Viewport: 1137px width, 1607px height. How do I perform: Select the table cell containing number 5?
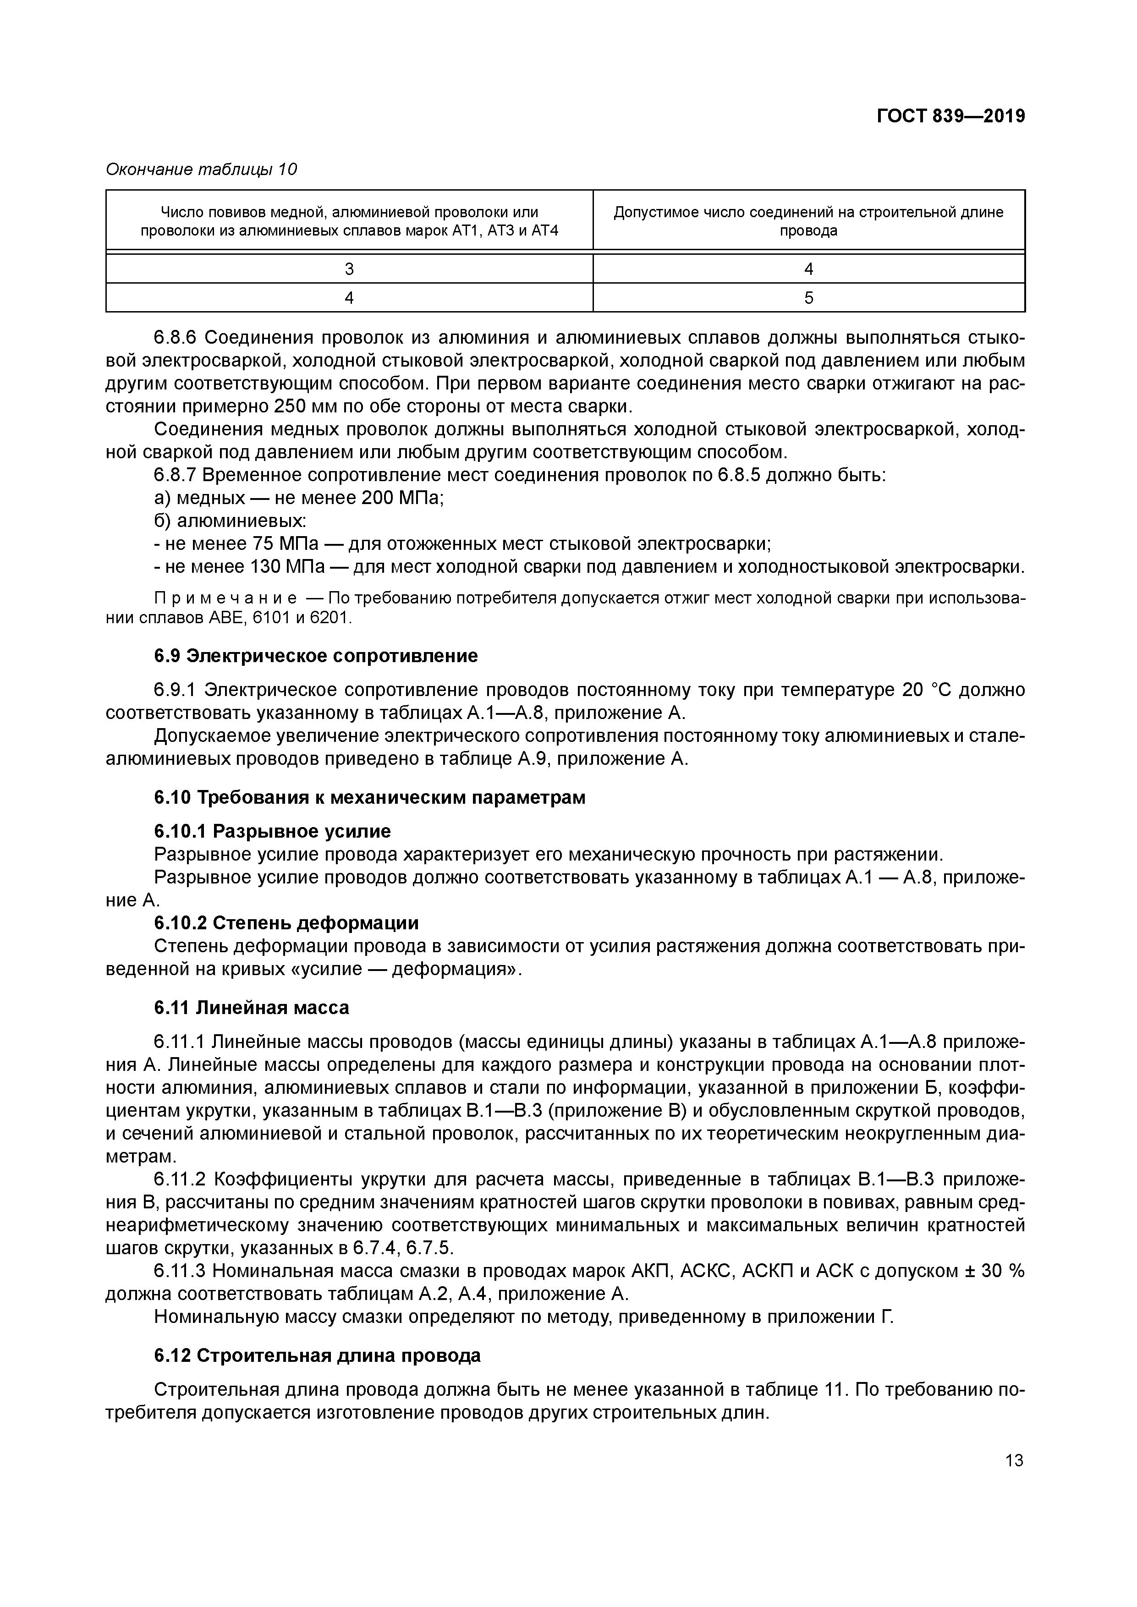pyautogui.click(x=809, y=298)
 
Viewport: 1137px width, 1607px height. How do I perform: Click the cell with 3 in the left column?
pyautogui.click(x=349, y=269)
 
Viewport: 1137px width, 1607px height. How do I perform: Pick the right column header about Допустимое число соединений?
pyautogui.click(x=809, y=221)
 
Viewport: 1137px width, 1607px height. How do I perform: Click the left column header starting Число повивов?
pyautogui.click(x=349, y=221)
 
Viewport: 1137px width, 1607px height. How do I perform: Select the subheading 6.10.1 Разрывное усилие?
pyautogui.click(x=272, y=832)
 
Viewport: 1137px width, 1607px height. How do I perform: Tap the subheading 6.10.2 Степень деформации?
pyautogui.click(x=286, y=923)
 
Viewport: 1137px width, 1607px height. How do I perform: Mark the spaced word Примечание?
pyautogui.click(x=224, y=599)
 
